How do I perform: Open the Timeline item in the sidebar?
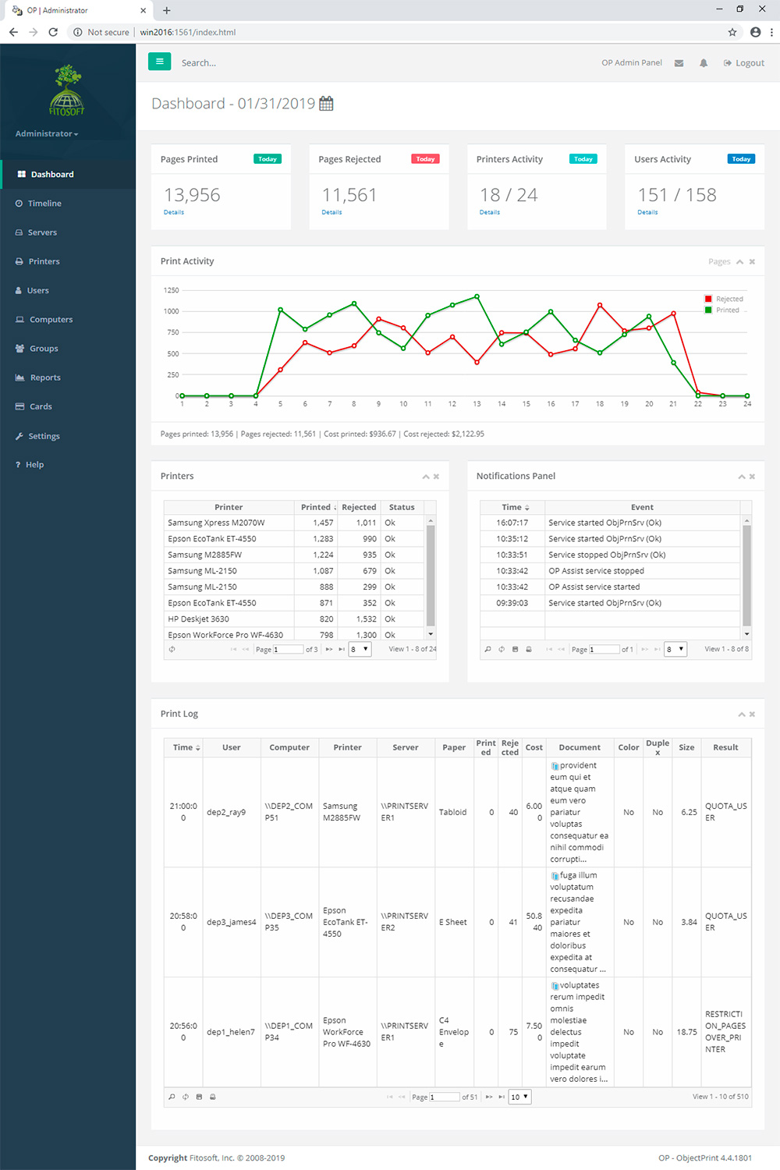click(44, 204)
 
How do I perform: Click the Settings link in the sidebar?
click(44, 436)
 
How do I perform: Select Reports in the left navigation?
click(45, 378)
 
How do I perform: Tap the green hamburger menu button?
click(159, 62)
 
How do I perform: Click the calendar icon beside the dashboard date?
click(326, 104)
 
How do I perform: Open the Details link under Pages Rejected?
click(331, 212)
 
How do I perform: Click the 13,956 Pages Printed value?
click(192, 195)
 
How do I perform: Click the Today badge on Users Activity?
click(740, 159)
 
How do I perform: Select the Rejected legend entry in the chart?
click(729, 300)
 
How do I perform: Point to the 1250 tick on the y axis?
click(171, 290)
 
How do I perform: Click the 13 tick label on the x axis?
click(477, 404)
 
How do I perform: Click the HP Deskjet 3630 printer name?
click(198, 619)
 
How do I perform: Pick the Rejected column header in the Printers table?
click(359, 507)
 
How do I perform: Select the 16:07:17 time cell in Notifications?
click(512, 523)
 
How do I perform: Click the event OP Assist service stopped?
click(596, 571)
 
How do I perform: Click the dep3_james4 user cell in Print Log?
click(231, 922)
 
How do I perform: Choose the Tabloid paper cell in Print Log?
click(452, 812)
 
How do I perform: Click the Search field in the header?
click(234, 63)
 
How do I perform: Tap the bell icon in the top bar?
click(704, 63)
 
